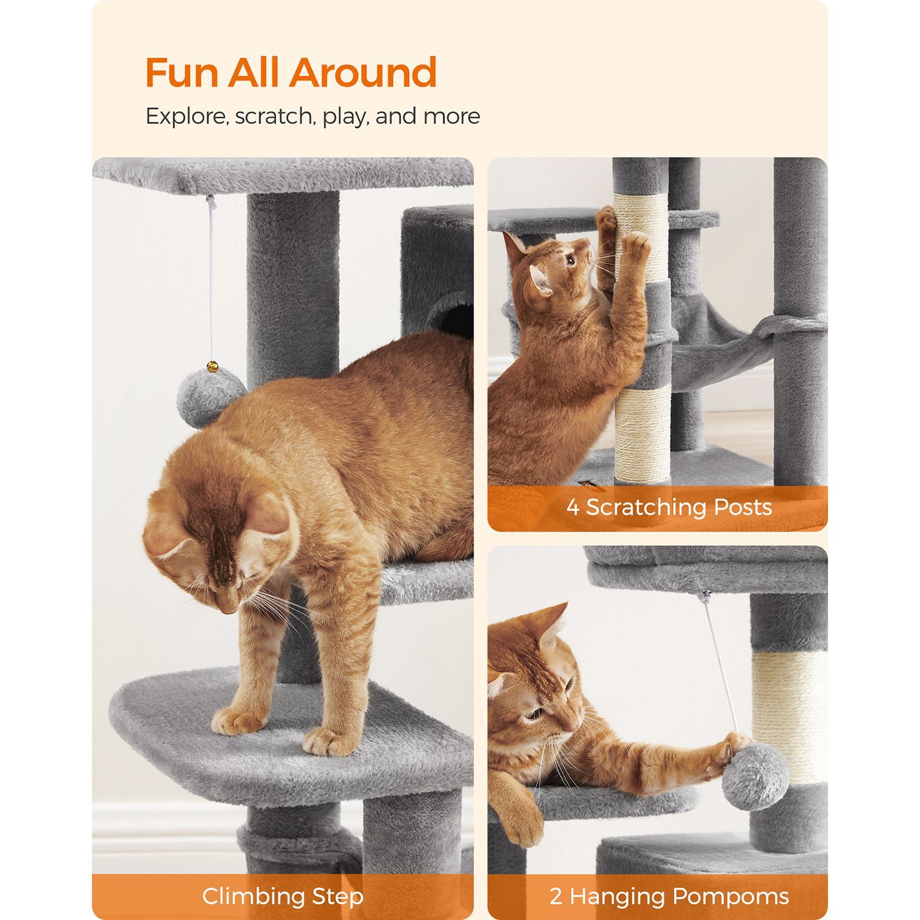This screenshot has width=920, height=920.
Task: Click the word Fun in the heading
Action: pyautogui.click(x=182, y=72)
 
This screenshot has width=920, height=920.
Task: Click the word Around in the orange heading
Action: pyautogui.click(x=363, y=72)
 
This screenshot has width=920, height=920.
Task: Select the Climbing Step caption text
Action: pyautogui.click(x=283, y=896)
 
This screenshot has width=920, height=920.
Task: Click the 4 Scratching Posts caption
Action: pyautogui.click(x=669, y=507)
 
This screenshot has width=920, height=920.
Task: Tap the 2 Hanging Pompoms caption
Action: pyautogui.click(x=669, y=896)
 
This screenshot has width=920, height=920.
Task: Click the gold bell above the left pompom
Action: pyautogui.click(x=212, y=366)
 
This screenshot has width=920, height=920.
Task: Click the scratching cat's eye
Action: pyautogui.click(x=570, y=260)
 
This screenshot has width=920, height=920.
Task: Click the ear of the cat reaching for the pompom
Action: pyautogui.click(x=549, y=626)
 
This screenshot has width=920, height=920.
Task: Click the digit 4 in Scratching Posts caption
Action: pyautogui.click(x=573, y=507)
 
